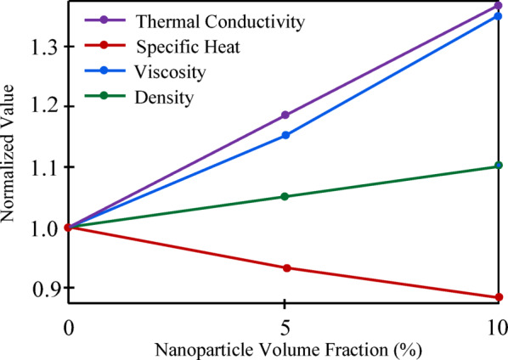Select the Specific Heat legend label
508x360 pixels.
179,46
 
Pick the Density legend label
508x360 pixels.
165,98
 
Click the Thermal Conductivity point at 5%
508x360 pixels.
285,115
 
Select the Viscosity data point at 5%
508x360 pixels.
285,135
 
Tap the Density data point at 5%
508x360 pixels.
285,196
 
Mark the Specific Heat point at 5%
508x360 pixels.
285,267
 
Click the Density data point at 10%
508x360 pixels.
499,166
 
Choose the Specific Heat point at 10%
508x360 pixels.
499,297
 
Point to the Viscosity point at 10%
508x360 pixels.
499,16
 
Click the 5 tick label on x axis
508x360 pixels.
285,327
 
